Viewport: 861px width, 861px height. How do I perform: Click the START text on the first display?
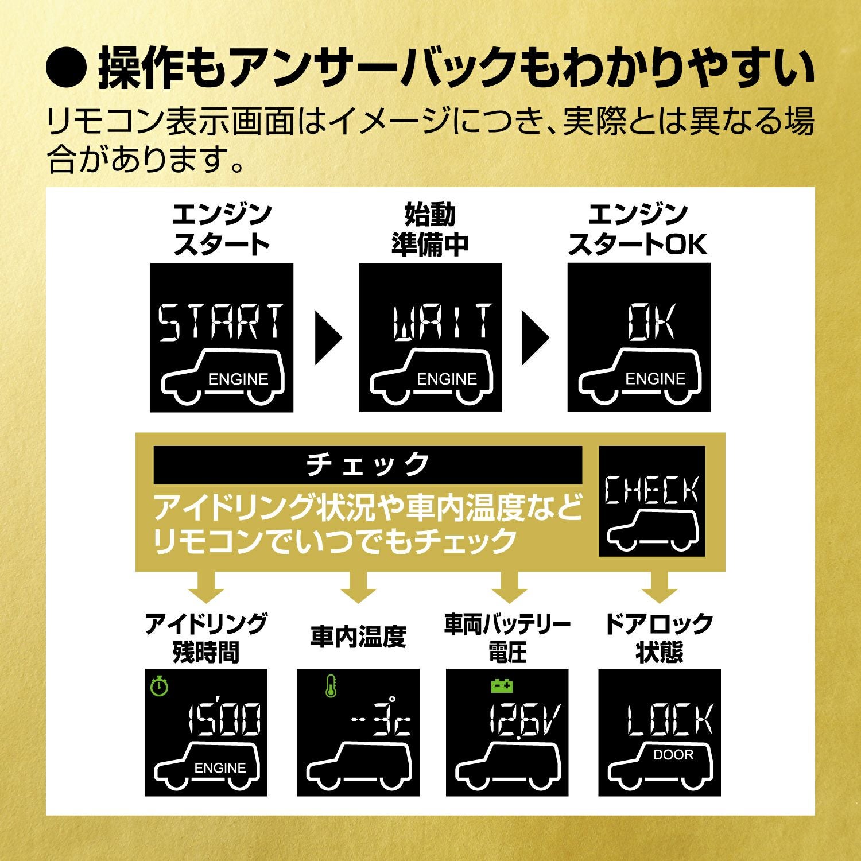pyautogui.click(x=221, y=321)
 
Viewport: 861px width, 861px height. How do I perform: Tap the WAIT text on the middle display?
pyautogui.click(x=442, y=321)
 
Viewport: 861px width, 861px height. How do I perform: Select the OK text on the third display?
pyautogui.click(x=651, y=321)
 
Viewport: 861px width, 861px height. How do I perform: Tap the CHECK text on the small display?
pyautogui.click(x=652, y=491)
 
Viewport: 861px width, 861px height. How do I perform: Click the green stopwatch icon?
pyautogui.click(x=159, y=686)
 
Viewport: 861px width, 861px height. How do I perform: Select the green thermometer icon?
pyautogui.click(x=331, y=687)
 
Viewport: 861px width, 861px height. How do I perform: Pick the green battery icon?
pyautogui.click(x=502, y=685)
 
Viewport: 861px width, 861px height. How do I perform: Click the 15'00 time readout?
pyautogui.click(x=224, y=719)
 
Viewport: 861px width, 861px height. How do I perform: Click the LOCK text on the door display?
pyautogui.click(x=669, y=719)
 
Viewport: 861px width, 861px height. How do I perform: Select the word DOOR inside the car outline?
pyautogui.click(x=673, y=755)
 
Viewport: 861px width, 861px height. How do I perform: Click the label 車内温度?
pyautogui.click(x=358, y=637)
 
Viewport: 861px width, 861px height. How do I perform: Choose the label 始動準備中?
pyautogui.click(x=430, y=230)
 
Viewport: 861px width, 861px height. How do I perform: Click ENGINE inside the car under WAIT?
pyautogui.click(x=447, y=379)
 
